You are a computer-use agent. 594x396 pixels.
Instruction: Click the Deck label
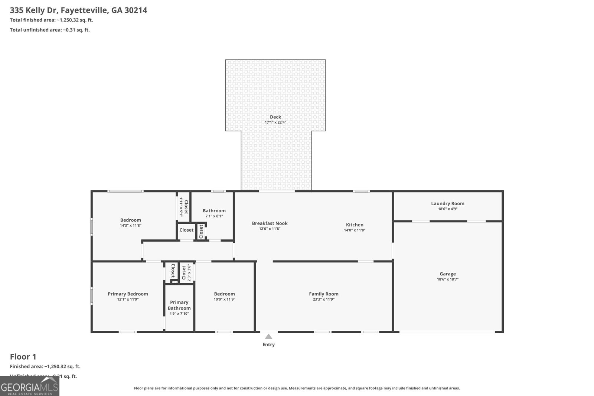[x=275, y=117]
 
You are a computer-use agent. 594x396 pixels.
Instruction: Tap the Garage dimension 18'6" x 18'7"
[x=447, y=279]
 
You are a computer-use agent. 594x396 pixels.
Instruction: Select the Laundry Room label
[x=447, y=203]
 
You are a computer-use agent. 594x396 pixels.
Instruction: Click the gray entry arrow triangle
[x=268, y=337]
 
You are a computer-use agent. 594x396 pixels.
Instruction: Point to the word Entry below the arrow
[x=268, y=345]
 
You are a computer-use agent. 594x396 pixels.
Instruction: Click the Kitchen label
[x=355, y=225]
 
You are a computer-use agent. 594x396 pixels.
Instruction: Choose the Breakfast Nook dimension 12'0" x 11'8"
[x=270, y=229]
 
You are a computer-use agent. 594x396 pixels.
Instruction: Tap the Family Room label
[x=323, y=294]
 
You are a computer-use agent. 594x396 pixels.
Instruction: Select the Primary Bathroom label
[x=179, y=305]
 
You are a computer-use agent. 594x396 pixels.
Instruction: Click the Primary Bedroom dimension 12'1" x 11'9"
[x=128, y=299]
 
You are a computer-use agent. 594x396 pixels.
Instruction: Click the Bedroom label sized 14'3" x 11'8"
[x=130, y=220]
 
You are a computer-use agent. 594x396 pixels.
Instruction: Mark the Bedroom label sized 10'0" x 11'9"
[x=224, y=294]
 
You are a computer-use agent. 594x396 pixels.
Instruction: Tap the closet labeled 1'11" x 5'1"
[x=183, y=207]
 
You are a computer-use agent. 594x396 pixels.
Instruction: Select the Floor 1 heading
[x=23, y=357]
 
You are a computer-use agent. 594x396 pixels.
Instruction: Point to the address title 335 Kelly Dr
[x=78, y=10]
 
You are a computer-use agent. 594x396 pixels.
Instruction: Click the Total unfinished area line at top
[x=50, y=30]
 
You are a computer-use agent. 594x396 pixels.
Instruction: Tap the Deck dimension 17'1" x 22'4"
[x=275, y=122]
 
